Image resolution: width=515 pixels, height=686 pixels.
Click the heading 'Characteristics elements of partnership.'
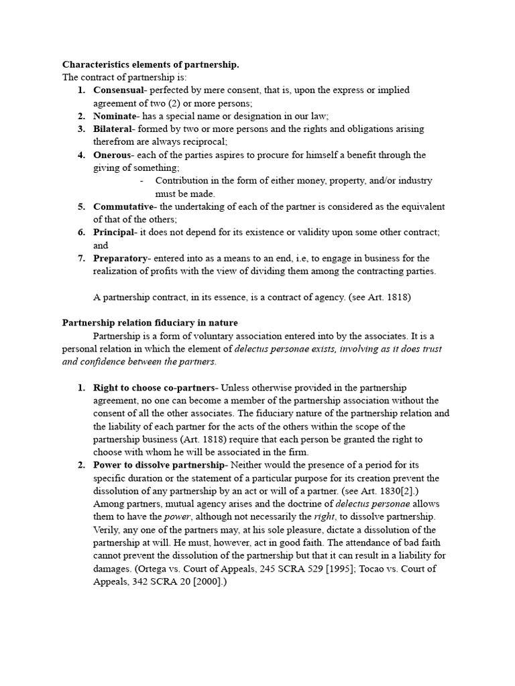point(150,64)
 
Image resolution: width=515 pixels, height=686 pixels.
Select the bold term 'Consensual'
point(118,90)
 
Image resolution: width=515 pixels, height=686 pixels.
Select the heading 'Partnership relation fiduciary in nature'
point(150,323)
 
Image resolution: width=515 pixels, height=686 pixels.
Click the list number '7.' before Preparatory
point(81,258)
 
